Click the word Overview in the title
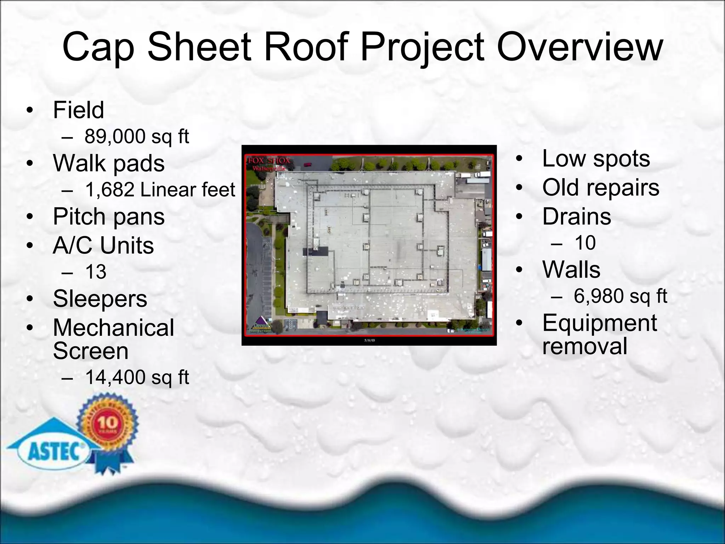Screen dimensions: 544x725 [579, 47]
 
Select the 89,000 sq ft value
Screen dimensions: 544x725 [137, 136]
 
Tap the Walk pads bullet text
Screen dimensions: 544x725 [109, 163]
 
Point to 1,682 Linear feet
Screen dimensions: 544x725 [160, 190]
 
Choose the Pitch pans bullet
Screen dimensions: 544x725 [109, 216]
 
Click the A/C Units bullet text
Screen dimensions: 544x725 [103, 245]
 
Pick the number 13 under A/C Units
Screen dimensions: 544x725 [96, 272]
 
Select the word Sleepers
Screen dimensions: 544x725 [100, 299]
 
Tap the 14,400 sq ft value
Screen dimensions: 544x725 [137, 377]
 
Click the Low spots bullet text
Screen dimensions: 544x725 [596, 158]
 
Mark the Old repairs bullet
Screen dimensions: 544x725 [601, 187]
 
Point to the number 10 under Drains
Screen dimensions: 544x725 [585, 243]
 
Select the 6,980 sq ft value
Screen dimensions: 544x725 [620, 296]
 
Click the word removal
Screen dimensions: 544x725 [584, 346]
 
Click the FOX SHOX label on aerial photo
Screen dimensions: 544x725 [269, 160]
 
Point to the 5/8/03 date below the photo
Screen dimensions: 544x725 [369, 340]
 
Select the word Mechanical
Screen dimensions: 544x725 [113, 328]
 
